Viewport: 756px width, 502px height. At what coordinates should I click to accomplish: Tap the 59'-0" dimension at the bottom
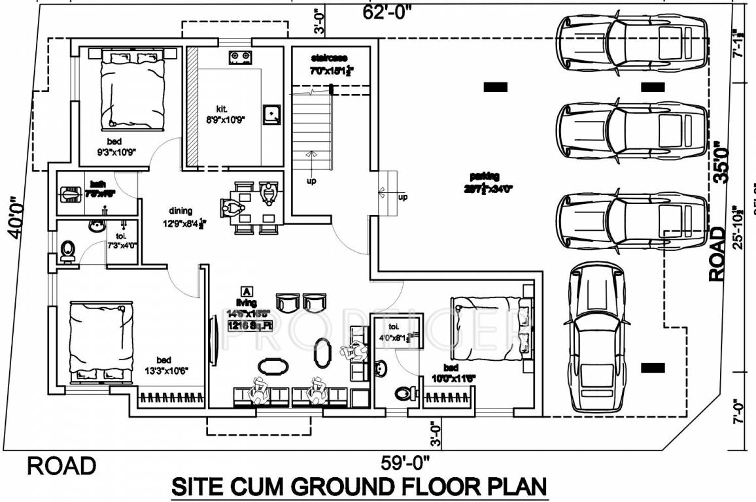tap(405, 463)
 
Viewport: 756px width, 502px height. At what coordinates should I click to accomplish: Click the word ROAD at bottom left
tap(61, 466)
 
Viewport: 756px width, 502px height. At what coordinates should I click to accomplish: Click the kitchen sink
tap(272, 114)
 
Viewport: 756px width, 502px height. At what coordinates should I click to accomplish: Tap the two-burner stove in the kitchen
tap(241, 58)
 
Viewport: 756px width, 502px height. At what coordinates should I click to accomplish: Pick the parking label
tap(484, 176)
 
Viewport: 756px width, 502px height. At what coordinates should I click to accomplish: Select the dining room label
tap(180, 210)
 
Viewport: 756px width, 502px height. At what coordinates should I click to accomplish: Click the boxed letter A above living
tap(247, 291)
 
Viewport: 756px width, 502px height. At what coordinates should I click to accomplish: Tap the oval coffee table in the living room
tap(271, 366)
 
